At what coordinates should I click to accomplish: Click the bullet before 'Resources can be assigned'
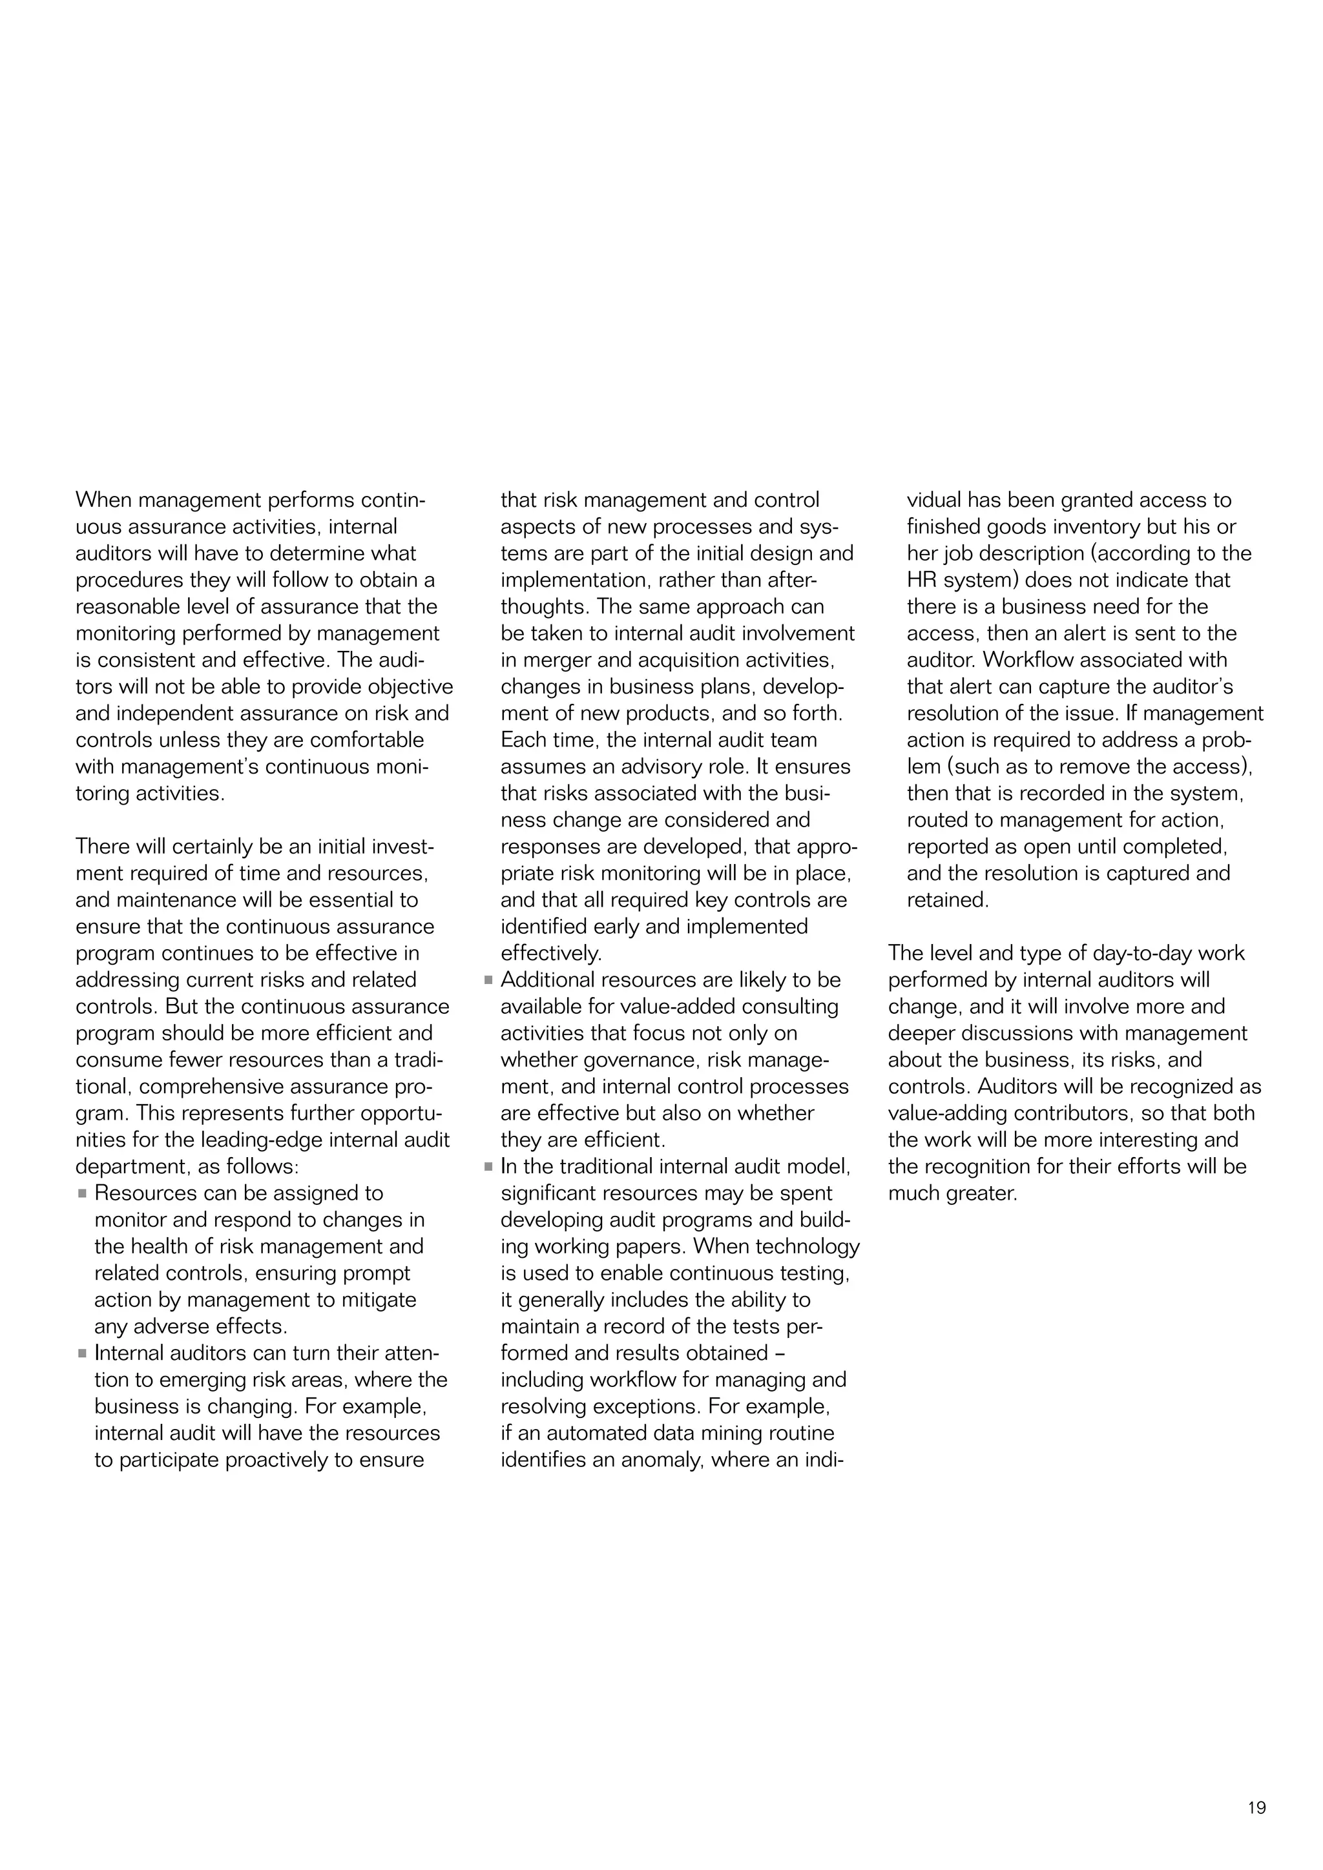pyautogui.click(x=82, y=1194)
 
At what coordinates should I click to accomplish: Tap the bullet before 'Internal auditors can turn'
pyautogui.click(x=82, y=1353)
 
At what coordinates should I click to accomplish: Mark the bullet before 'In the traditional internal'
pyautogui.click(x=489, y=1167)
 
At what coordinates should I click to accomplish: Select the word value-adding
pyautogui.click(x=945, y=1113)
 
